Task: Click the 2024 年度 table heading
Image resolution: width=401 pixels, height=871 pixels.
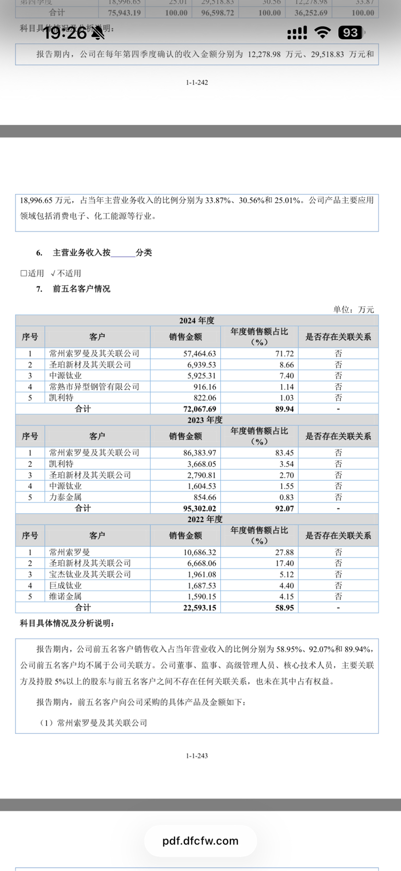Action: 197,321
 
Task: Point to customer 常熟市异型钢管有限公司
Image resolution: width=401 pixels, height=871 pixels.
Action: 95,387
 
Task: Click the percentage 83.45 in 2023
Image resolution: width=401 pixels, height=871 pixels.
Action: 285,453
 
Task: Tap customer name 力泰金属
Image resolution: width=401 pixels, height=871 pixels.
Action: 65,498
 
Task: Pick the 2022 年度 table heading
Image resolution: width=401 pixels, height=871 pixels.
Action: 205,519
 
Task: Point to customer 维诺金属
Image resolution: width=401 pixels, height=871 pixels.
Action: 65,597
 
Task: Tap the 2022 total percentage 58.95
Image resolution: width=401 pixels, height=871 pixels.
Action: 285,608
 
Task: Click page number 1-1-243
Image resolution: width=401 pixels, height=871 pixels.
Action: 197,756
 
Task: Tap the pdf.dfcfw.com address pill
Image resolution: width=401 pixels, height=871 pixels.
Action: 200,841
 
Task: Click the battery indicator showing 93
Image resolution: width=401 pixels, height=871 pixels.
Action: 350,33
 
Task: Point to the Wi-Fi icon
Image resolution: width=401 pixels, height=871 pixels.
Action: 323,33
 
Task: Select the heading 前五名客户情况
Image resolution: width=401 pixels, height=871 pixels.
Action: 81,289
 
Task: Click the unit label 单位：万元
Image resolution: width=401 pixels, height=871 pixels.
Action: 353,310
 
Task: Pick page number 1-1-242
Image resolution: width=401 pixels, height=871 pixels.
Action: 197,82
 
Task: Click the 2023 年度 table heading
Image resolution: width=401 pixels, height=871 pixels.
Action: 205,420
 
